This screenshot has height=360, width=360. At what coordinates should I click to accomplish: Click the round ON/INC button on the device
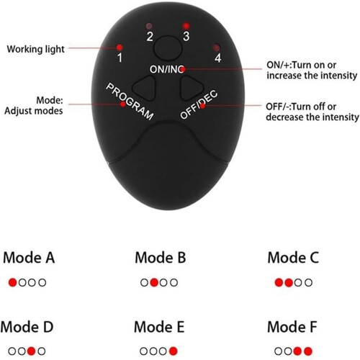[x=168, y=48]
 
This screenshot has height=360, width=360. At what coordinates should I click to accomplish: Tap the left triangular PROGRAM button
[x=145, y=88]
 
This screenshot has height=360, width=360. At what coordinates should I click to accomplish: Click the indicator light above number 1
[x=120, y=47]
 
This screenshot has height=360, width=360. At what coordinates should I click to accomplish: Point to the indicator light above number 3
[x=186, y=26]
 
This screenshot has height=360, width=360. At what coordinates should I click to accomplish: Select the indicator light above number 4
[x=217, y=48]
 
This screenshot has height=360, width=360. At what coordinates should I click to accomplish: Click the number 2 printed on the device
[x=150, y=37]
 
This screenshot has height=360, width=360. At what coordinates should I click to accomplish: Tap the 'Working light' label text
[x=36, y=49]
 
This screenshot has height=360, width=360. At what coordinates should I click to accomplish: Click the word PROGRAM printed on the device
[x=130, y=102]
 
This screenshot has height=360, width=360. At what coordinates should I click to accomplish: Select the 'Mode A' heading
[x=29, y=258]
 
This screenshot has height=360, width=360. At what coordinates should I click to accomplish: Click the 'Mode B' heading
[x=161, y=258]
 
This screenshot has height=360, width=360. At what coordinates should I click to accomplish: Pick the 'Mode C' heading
[x=293, y=258]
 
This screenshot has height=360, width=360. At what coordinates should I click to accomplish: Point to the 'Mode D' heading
[x=27, y=327]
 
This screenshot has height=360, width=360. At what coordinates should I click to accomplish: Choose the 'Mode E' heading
[x=159, y=327]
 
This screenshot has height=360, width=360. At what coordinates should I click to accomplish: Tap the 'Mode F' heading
[x=292, y=327]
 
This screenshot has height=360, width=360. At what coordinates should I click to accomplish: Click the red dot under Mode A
[x=12, y=282]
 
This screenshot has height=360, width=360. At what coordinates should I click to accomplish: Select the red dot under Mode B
[x=154, y=282]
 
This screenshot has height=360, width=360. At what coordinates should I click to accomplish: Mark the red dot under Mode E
[x=174, y=351]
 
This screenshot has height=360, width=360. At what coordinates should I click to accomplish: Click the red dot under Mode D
[x=31, y=351]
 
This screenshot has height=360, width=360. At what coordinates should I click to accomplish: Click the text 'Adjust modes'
[x=34, y=111]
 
